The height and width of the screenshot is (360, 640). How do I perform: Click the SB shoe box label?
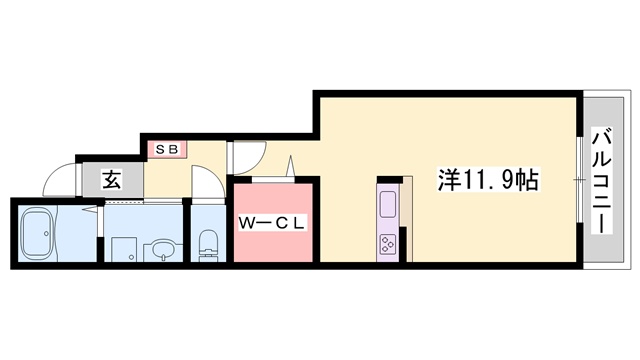coord(165,150)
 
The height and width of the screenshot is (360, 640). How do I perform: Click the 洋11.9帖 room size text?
coord(489,181)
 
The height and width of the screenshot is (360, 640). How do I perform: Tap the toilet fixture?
coord(208,243)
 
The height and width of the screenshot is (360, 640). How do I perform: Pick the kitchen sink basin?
coord(387,205)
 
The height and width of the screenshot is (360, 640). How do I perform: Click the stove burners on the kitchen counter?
coord(387,242)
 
